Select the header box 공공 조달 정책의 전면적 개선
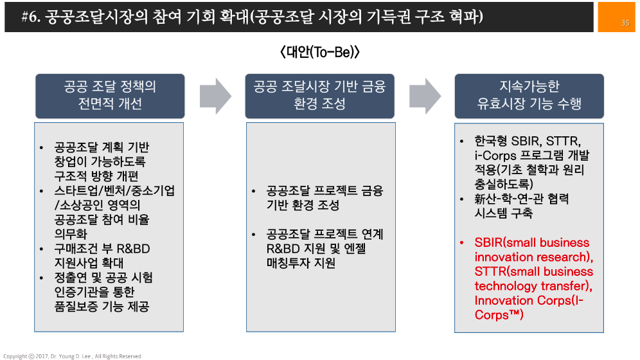(109, 95)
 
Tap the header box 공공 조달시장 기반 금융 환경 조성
(319, 95)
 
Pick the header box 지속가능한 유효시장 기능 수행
(529, 95)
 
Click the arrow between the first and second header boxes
(215, 96)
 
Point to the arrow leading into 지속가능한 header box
(425, 96)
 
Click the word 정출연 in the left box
(73, 278)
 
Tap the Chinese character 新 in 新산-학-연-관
(481, 199)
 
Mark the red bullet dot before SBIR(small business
(462, 243)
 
